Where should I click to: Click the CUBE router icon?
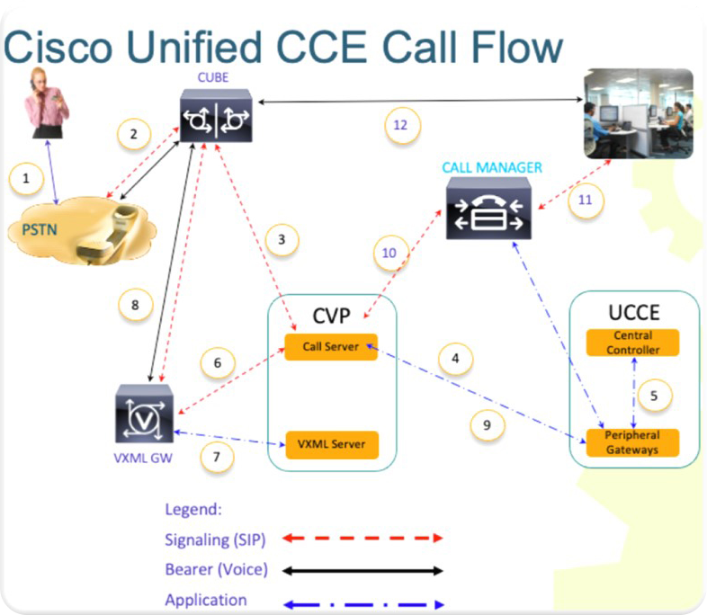tap(217, 117)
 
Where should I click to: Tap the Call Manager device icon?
tap(488, 208)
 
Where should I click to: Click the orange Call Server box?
tap(330, 346)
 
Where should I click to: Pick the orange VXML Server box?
tap(330, 444)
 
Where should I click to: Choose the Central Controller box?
tap(632, 343)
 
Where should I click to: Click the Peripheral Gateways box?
tap(632, 441)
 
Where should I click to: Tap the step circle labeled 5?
tap(654, 394)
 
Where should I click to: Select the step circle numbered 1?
tap(26, 178)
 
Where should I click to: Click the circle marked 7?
tap(216, 456)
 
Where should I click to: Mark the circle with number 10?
tap(389, 253)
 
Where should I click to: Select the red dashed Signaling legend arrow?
tap(363, 538)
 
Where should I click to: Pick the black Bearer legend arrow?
tap(363, 570)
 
